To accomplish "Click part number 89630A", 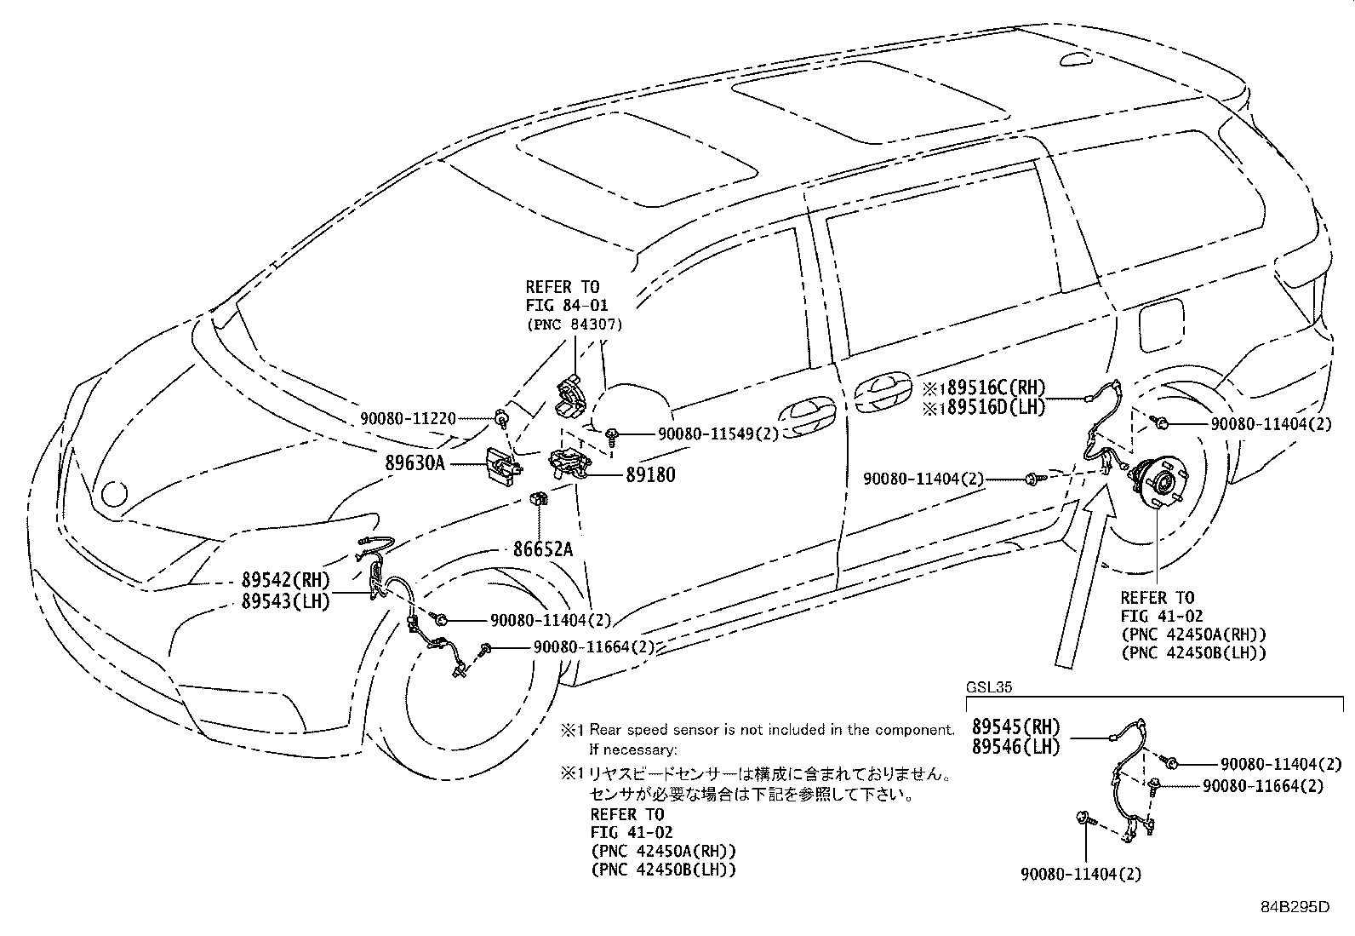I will pyautogui.click(x=415, y=463).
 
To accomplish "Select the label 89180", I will pyautogui.click(x=649, y=474).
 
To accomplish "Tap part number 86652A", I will pyautogui.click(x=542, y=548).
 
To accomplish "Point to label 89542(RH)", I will pyautogui.click(x=285, y=580).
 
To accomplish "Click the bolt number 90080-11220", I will pyautogui.click(x=408, y=418).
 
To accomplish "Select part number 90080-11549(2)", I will pyautogui.click(x=718, y=434).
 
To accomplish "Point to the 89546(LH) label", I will pyautogui.click(x=1015, y=748).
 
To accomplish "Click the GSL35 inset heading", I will pyautogui.click(x=988, y=686).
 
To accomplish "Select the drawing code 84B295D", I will pyautogui.click(x=1295, y=907).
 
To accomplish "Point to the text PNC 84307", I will pyautogui.click(x=575, y=324).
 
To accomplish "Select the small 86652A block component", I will pyautogui.click(x=539, y=497).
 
